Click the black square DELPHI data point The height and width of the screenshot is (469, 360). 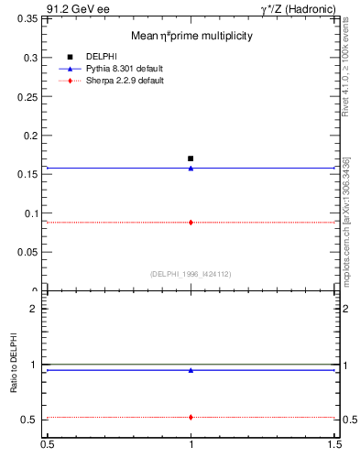tap(191, 158)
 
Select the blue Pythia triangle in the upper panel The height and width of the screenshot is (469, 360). tap(191, 168)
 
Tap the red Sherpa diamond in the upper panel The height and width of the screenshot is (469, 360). tap(191, 222)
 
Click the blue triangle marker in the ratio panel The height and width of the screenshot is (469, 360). tap(191, 370)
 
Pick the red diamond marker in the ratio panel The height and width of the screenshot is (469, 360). tap(191, 417)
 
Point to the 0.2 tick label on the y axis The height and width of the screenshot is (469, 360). tap(31, 136)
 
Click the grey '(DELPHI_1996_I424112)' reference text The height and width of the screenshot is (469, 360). tap(191, 274)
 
